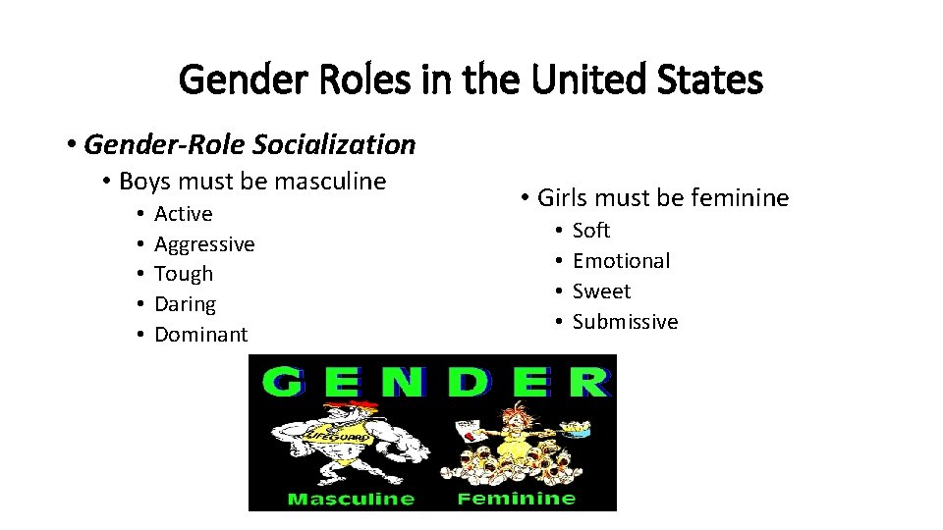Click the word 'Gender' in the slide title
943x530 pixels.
[x=231, y=80]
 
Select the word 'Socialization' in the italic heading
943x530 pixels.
[x=334, y=145]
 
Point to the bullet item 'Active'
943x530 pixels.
[x=183, y=214]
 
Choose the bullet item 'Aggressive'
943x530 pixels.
[x=204, y=244]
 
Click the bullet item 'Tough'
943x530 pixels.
[x=184, y=274]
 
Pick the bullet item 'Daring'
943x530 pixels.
[x=185, y=304]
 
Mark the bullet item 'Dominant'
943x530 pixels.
[x=201, y=335]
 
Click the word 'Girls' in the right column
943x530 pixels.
[x=561, y=198]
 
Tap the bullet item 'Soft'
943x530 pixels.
[x=591, y=231]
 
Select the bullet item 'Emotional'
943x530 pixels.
[x=621, y=261]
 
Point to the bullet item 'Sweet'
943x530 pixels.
[x=601, y=291]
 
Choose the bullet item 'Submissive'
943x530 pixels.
[x=625, y=322]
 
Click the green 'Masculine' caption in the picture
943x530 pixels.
[x=351, y=499]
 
